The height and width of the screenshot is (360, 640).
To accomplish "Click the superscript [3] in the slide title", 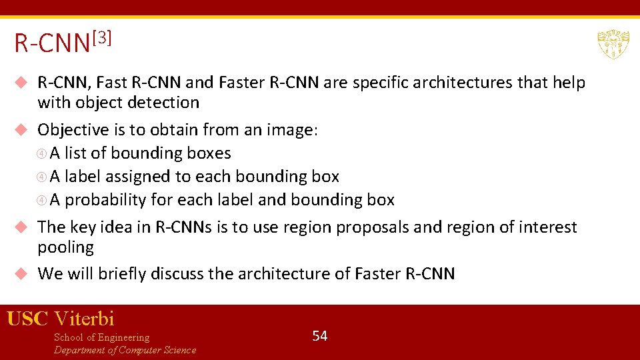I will [101, 38].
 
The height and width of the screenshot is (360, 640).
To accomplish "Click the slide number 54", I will [320, 335].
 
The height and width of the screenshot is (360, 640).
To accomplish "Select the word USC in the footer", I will [27, 319].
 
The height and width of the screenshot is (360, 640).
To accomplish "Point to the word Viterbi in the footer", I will [84, 319].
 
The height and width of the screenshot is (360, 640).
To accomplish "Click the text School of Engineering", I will [101, 337].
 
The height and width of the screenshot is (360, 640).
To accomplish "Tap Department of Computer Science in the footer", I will [125, 350].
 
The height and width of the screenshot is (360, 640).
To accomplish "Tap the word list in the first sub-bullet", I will [76, 153].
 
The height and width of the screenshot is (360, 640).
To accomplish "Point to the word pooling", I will [65, 247].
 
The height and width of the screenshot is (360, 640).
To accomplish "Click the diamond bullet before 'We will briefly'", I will [21, 273].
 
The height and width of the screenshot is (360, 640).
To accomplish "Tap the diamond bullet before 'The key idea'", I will [21, 227].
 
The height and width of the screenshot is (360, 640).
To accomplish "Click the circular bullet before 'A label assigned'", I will [42, 177].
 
